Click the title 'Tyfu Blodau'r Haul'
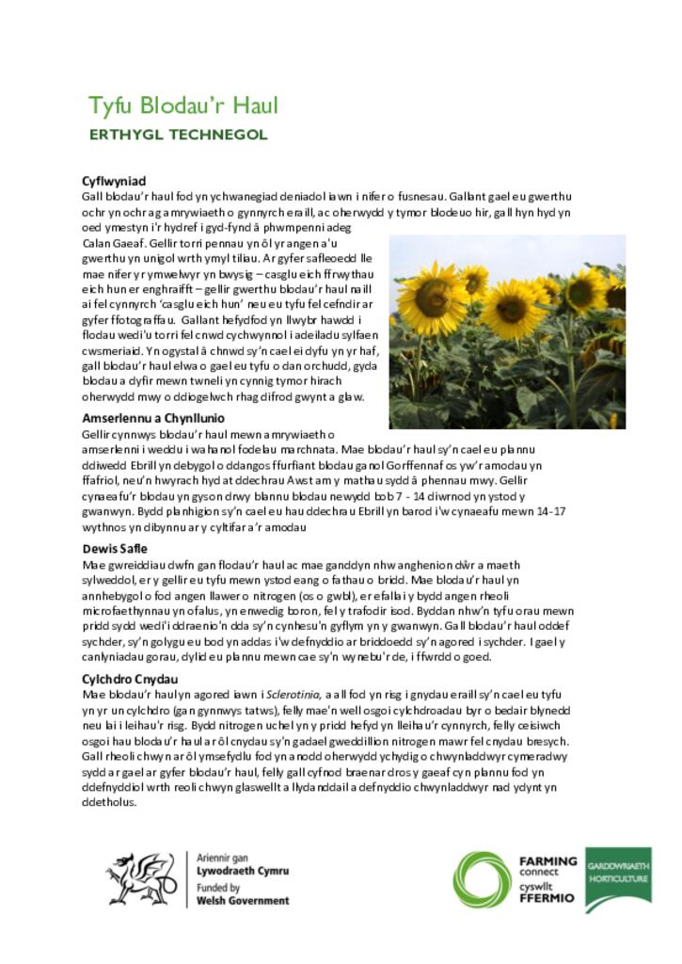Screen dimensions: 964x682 183,104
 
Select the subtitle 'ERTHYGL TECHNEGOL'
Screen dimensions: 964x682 178,135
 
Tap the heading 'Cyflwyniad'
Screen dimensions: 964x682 114,181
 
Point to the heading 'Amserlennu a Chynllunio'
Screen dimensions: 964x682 153,418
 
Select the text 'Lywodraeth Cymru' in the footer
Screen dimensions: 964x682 243,872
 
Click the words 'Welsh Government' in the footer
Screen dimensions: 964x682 243,901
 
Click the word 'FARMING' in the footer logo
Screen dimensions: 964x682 547,860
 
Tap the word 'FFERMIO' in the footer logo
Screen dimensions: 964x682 547,899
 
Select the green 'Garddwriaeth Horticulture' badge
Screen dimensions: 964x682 617,877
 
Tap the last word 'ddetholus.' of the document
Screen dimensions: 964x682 110,803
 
